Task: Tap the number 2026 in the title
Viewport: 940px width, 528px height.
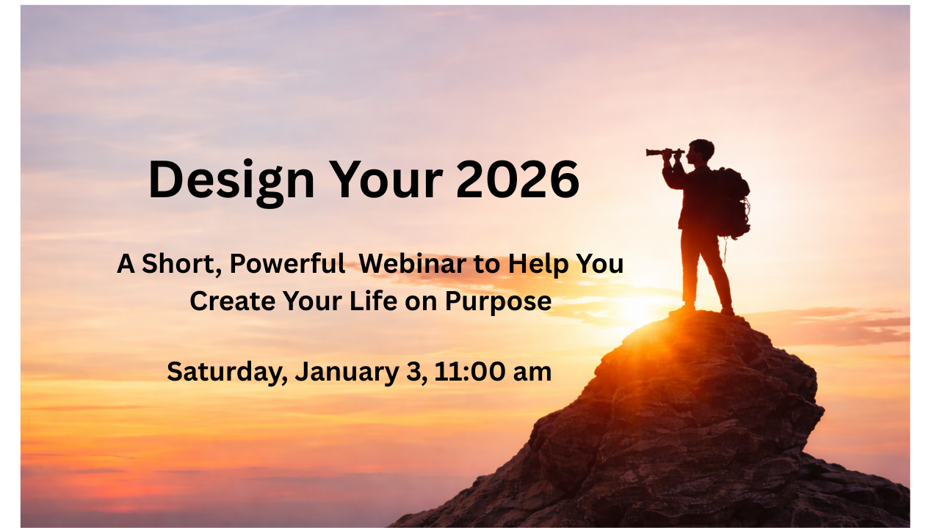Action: [x=518, y=179]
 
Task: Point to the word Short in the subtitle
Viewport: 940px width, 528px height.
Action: [x=181, y=265]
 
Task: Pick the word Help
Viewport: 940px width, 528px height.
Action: [x=538, y=265]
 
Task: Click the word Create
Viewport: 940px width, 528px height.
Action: [x=233, y=301]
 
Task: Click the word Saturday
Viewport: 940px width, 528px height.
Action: [x=228, y=373]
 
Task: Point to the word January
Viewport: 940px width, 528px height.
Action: [x=347, y=373]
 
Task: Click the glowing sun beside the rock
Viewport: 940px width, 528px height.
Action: [x=638, y=310]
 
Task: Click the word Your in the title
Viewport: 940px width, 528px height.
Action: [x=386, y=180]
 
